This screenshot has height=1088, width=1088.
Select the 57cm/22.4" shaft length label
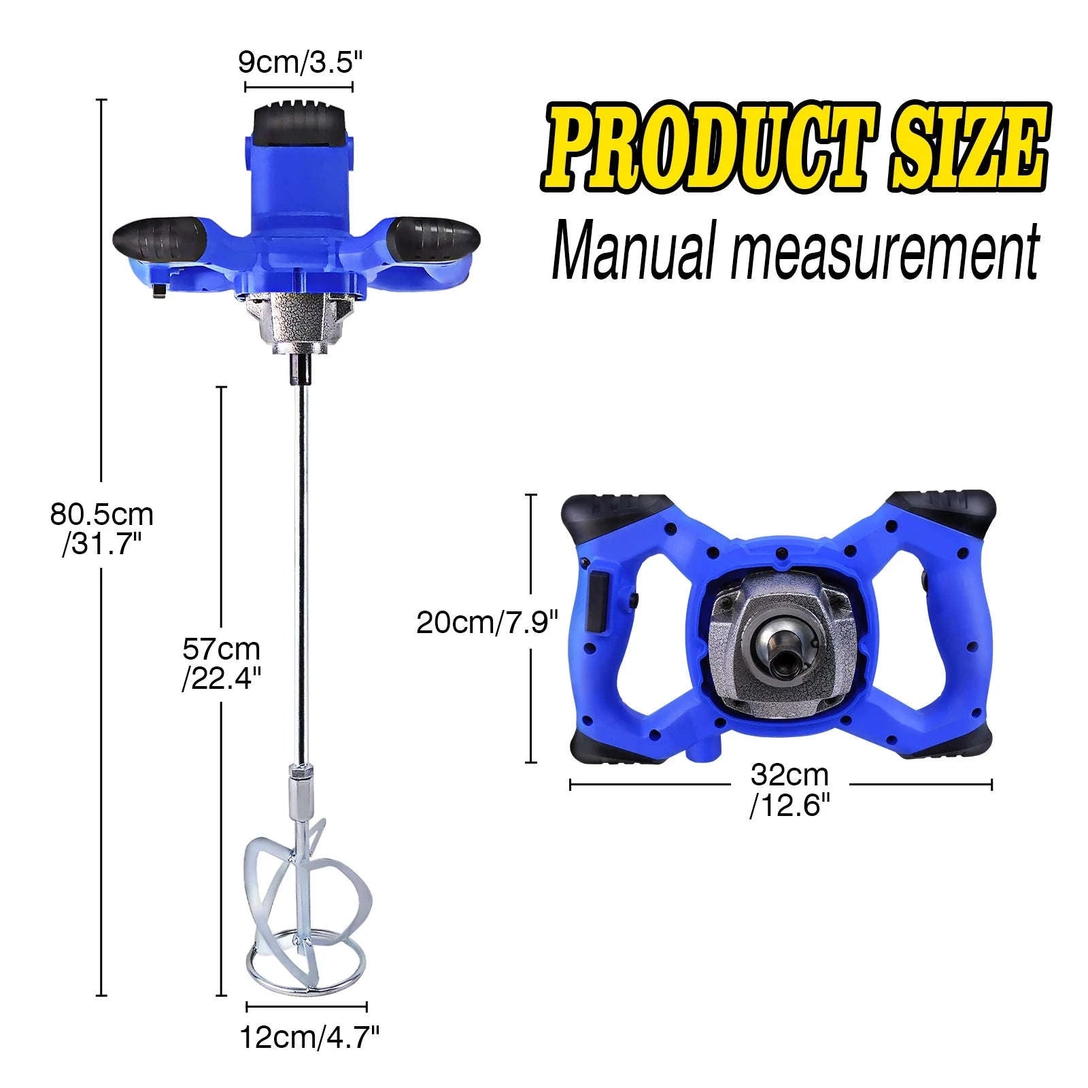pyautogui.click(x=221, y=663)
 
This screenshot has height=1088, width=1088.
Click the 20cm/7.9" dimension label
pyautogui.click(x=487, y=622)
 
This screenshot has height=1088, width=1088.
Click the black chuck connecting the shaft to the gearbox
pyautogui.click(x=300, y=369)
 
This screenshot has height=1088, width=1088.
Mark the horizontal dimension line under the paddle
pyautogui.click(x=306, y=1006)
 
